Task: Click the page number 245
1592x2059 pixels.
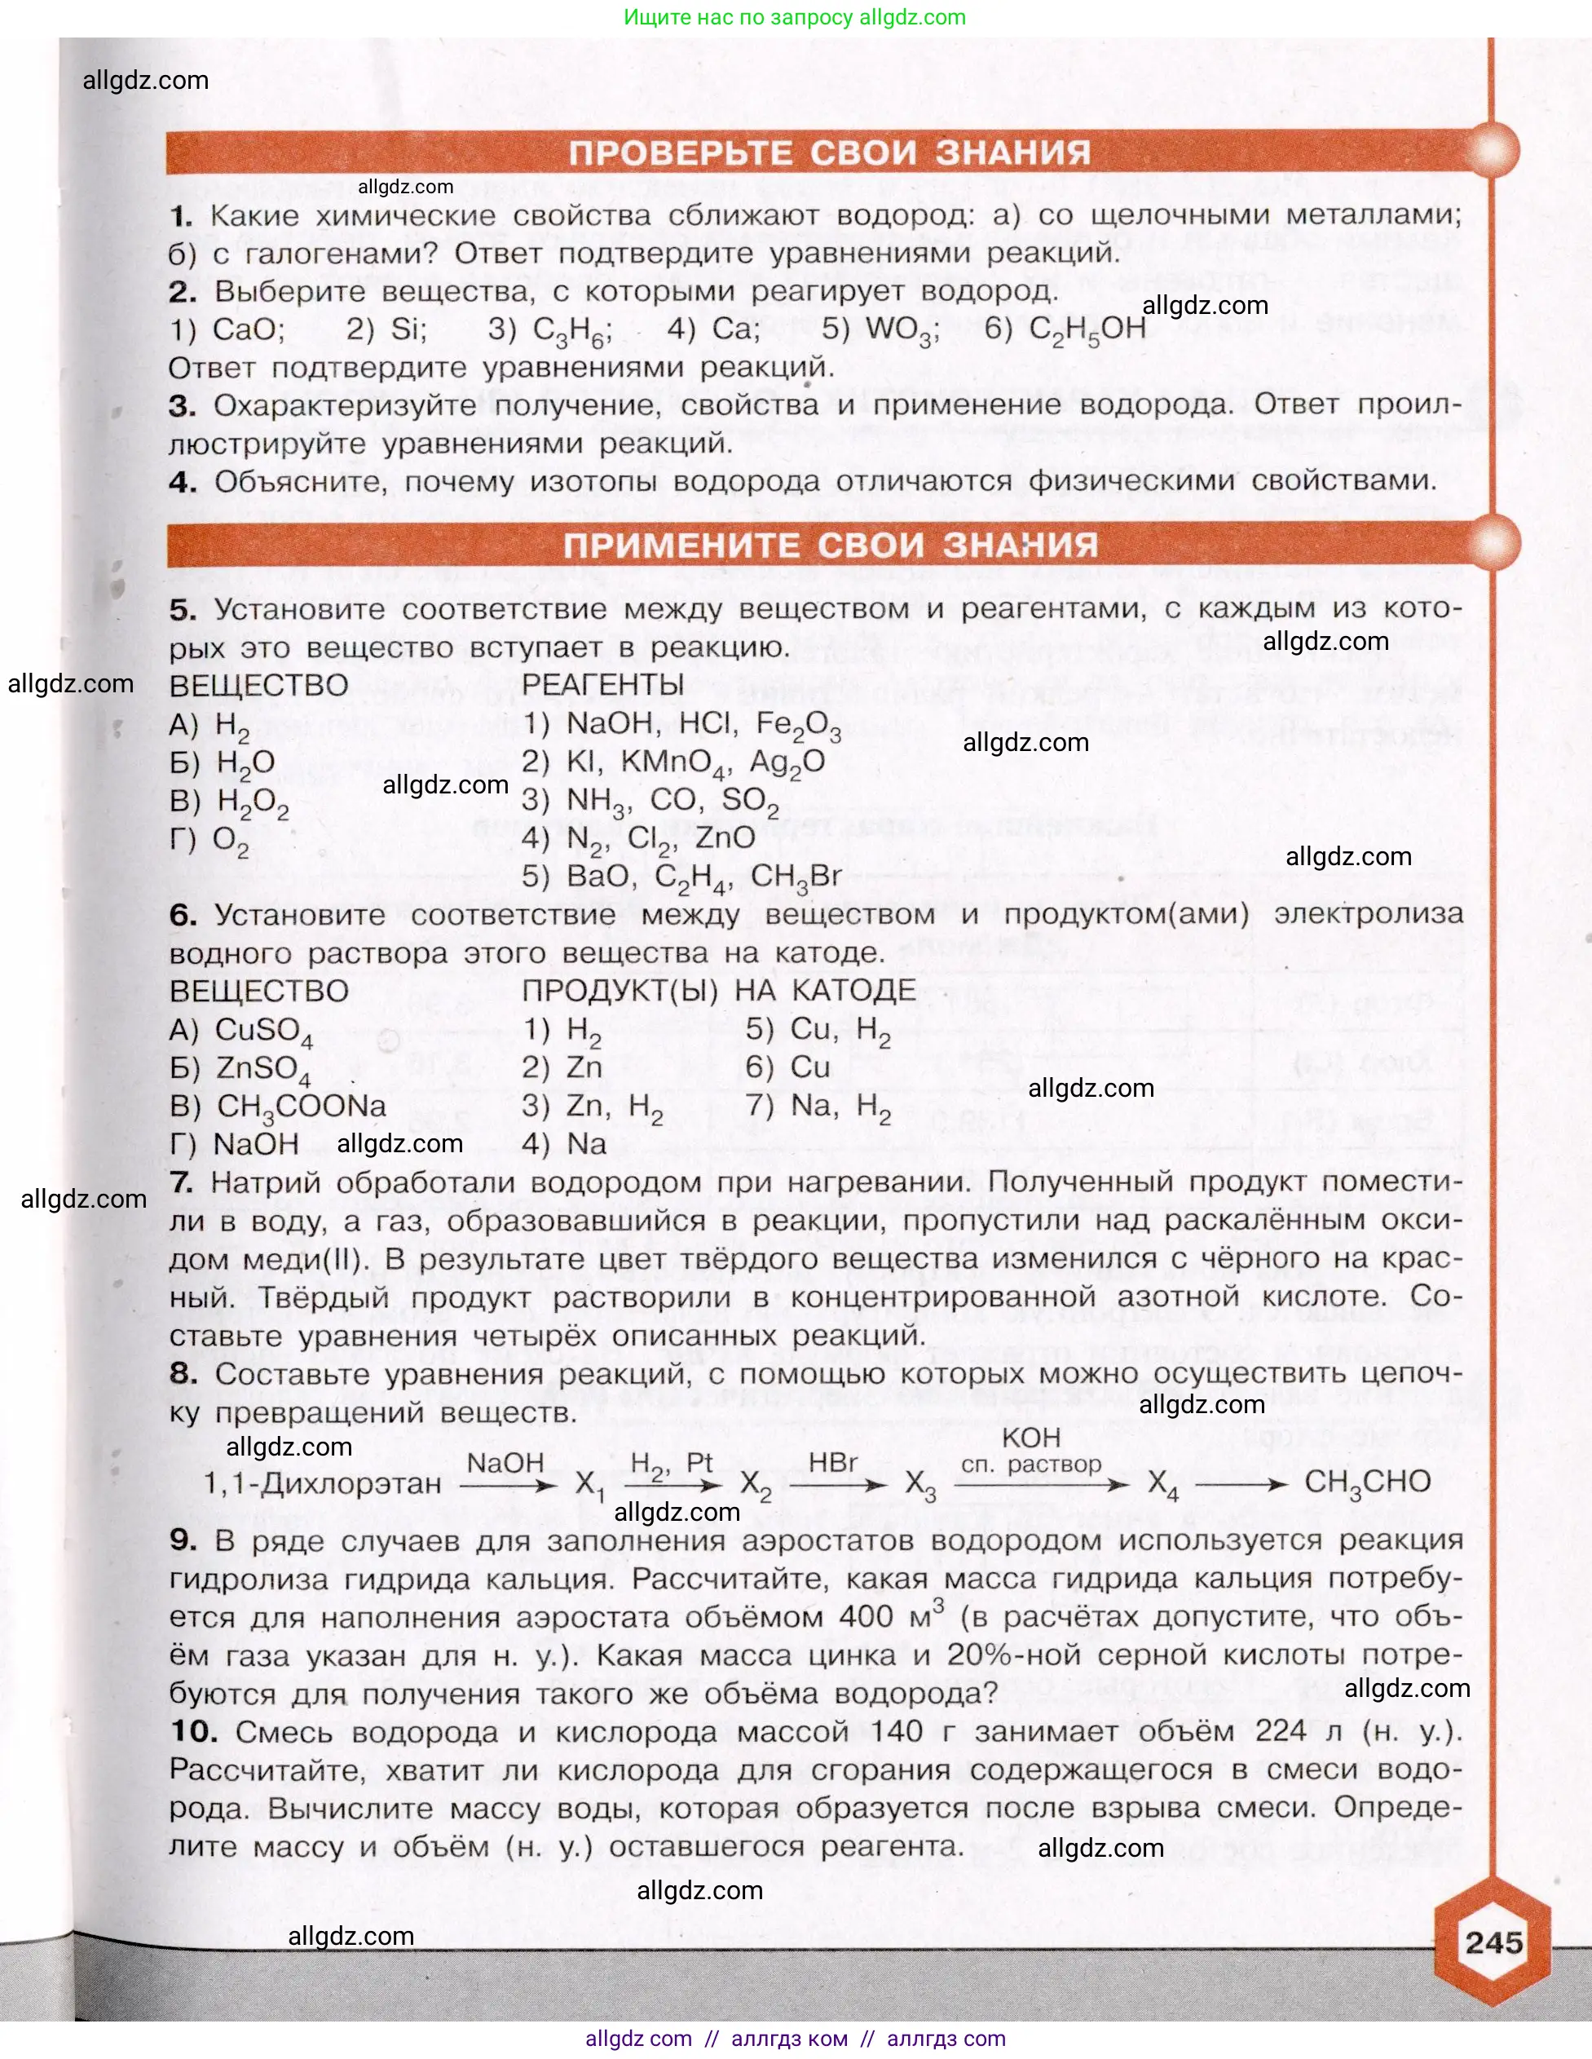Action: click(x=1494, y=1942)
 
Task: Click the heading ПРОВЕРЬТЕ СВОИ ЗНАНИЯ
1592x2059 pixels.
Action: click(x=830, y=152)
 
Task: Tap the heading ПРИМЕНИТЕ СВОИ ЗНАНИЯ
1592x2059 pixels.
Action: click(x=831, y=545)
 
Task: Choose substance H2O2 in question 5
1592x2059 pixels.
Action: click(x=252, y=802)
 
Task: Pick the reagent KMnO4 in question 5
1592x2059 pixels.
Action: click(x=676, y=762)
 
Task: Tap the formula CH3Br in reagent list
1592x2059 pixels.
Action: click(x=796, y=877)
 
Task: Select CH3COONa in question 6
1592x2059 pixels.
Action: click(x=302, y=1107)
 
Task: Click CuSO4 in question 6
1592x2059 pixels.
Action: click(x=263, y=1032)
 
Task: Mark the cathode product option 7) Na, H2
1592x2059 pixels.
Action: click(x=818, y=1107)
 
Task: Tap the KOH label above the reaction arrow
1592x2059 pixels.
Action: click(x=1031, y=1438)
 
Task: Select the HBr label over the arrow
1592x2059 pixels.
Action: click(x=833, y=1462)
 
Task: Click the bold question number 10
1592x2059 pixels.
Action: click(x=193, y=1732)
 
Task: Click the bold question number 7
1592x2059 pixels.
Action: click(x=182, y=1182)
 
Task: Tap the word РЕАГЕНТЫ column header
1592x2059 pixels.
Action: click(x=602, y=686)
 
